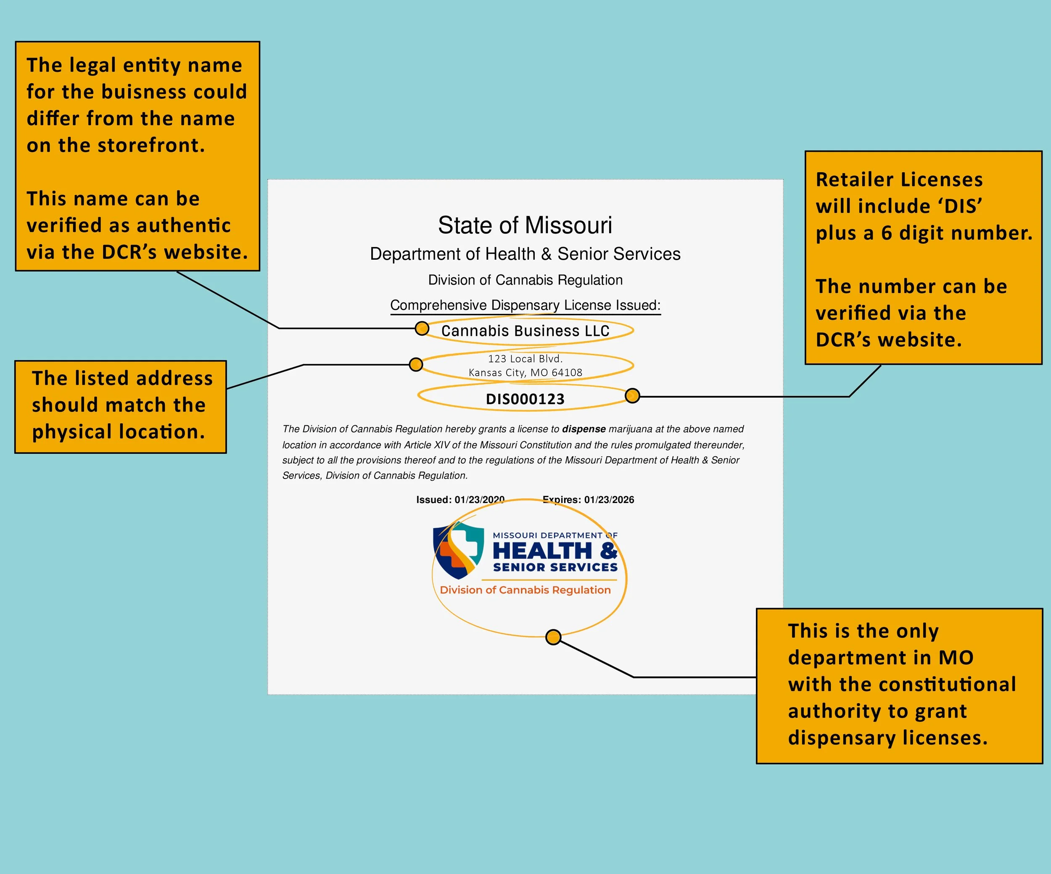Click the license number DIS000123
coord(525,399)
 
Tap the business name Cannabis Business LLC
coord(525,331)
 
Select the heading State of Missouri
coord(525,225)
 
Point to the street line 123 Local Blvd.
coord(525,359)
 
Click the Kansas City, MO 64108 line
coord(525,372)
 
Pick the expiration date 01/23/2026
coord(609,499)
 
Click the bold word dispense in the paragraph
coord(584,429)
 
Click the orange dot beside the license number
coord(632,396)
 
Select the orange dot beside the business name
coord(422,328)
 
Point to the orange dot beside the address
coord(415,365)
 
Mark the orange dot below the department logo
coord(553,637)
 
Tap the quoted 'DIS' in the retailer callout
coord(963,206)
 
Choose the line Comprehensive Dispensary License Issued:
coord(525,305)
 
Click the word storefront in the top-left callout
coord(151,145)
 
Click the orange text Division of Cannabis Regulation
coord(525,590)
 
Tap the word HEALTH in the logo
coord(542,551)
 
